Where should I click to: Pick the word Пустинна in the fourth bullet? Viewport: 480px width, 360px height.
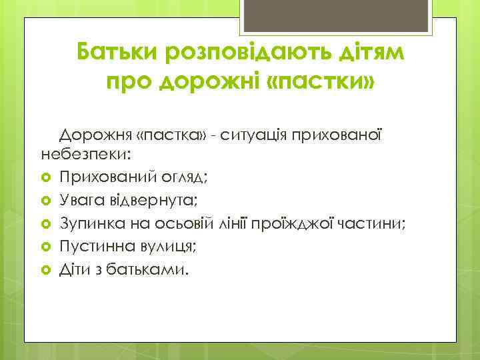(91, 247)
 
